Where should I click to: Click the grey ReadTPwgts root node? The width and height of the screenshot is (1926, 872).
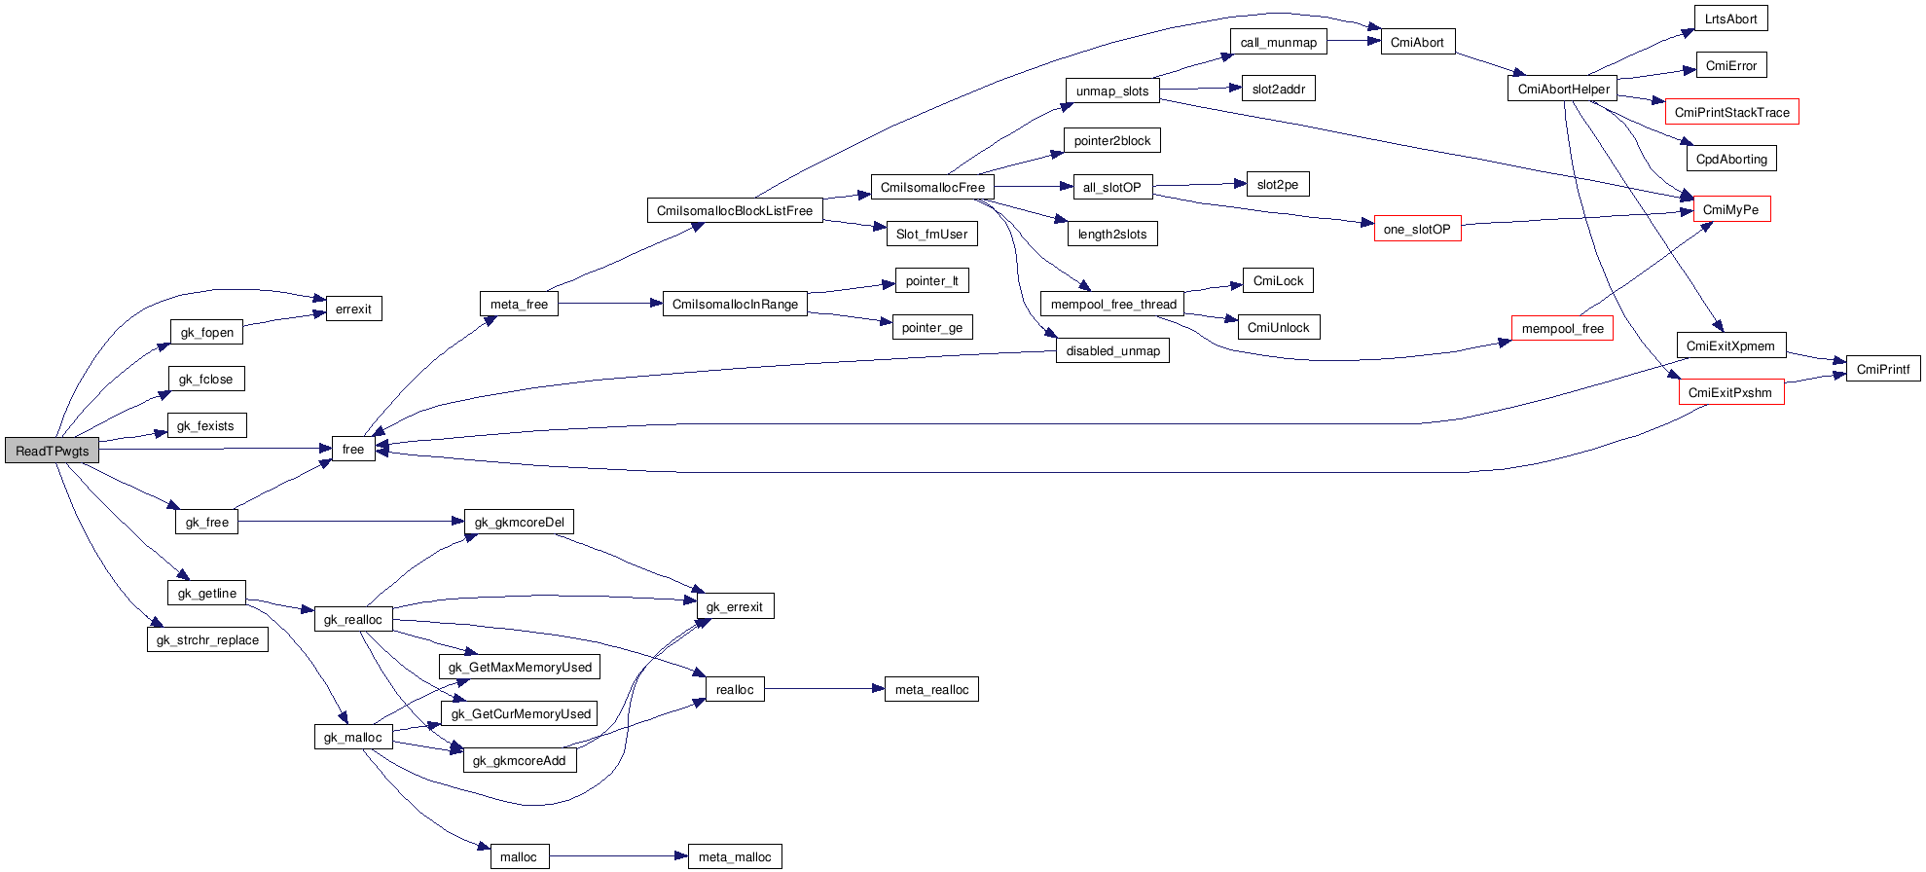click(53, 451)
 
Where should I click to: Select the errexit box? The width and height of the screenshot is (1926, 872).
click(353, 309)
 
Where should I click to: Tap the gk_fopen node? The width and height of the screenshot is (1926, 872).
click(206, 332)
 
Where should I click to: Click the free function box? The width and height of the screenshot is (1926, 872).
click(353, 449)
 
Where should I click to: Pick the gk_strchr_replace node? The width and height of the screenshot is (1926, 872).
click(207, 639)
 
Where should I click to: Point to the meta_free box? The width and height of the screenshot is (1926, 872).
click(519, 304)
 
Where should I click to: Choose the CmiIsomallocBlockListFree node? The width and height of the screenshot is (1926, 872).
click(734, 210)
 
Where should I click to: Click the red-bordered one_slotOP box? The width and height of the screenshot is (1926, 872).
click(1417, 229)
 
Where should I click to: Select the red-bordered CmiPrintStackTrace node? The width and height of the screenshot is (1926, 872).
click(1731, 112)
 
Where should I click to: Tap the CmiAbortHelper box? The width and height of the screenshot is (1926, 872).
click(1563, 89)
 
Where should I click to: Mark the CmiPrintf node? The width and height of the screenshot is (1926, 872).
click(1882, 369)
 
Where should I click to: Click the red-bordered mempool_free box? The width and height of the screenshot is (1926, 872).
click(1562, 328)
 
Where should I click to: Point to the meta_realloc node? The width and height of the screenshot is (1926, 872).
click(931, 689)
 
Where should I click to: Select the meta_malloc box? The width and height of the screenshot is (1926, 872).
click(734, 856)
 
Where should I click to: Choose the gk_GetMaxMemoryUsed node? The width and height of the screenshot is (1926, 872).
click(520, 667)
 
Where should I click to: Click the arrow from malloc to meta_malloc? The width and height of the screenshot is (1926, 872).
click(618, 856)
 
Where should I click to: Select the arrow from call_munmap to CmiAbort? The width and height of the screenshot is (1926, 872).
click(1354, 41)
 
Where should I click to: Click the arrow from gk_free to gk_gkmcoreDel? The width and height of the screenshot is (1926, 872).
click(350, 522)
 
